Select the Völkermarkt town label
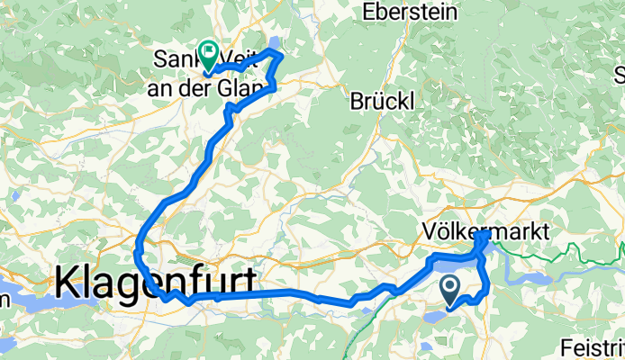pos(485,231)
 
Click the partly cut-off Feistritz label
pos(591,346)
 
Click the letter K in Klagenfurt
pos(68,283)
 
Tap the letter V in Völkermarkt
pos(428,231)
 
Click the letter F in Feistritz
pos(564,346)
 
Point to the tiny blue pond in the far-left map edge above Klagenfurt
pos(14,193)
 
